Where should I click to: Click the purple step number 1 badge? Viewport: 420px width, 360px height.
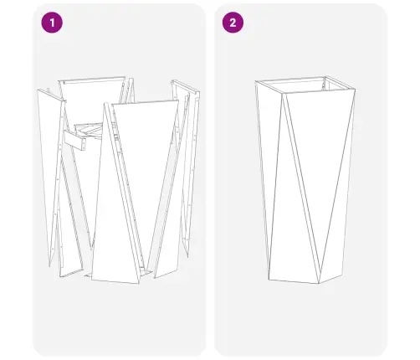(x=53, y=23)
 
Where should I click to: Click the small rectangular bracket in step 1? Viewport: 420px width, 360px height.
(x=80, y=143)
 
